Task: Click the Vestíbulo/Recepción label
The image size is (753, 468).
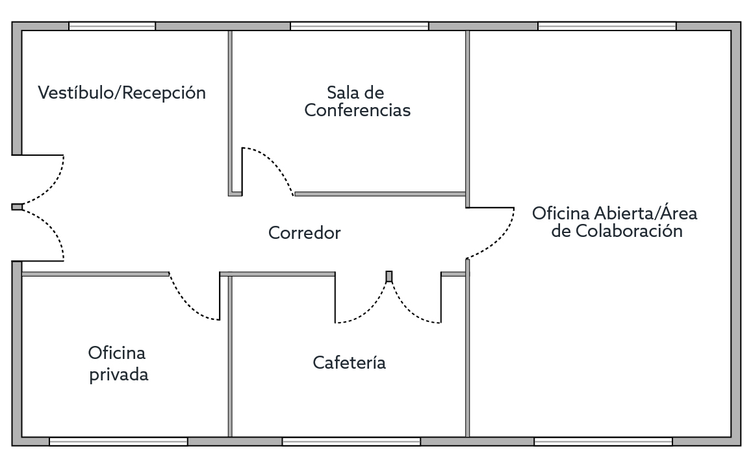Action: pos(122,93)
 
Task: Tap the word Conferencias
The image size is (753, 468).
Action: pos(357,110)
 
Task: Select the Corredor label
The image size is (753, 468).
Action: pos(305,233)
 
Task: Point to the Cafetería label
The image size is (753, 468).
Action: pos(349,362)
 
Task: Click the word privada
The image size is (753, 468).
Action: pos(119,375)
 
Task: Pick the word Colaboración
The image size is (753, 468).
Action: pos(629,231)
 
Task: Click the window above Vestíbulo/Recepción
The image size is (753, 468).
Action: pos(112,26)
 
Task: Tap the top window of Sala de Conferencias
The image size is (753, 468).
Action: pos(359,26)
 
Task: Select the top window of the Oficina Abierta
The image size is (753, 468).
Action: pos(607,26)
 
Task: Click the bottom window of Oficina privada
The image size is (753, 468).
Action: pos(118,441)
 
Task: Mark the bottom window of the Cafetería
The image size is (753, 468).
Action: pos(351,441)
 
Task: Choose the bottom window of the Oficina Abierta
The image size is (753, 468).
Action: pos(603,441)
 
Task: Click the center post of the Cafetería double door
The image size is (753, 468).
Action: pos(389,277)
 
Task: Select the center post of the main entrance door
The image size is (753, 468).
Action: pos(18,207)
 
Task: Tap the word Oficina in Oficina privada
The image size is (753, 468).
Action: pos(117,353)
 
